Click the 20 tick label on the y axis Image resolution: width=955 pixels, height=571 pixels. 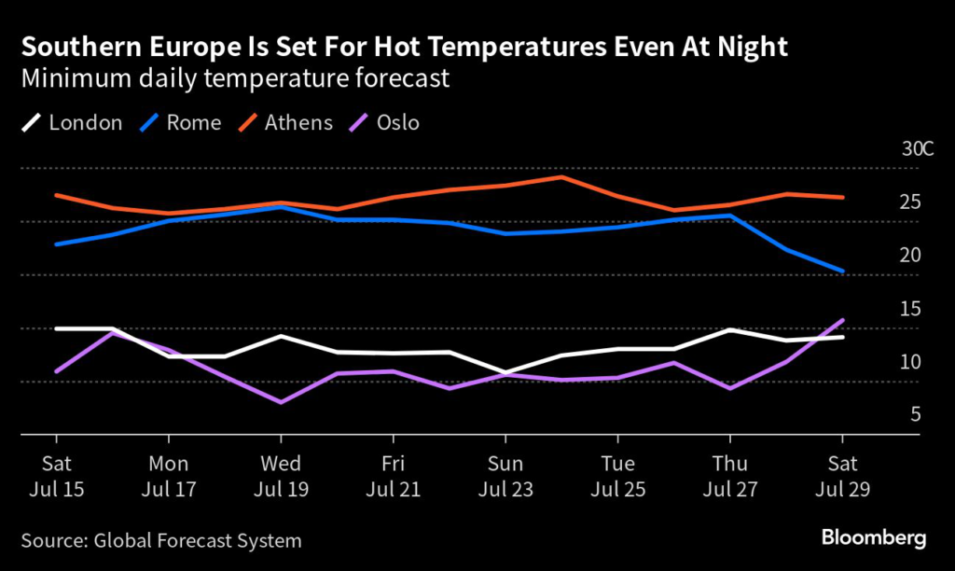coord(910,255)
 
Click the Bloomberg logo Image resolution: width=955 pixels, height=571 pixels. coord(873,537)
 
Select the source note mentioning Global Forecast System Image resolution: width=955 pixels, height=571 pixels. coord(161,539)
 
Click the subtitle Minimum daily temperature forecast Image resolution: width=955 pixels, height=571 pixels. coord(236,78)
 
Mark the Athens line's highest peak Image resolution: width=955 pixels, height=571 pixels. coord(561,176)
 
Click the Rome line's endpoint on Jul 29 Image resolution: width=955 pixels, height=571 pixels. coord(842,272)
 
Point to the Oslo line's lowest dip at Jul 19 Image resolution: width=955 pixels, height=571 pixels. coord(281,402)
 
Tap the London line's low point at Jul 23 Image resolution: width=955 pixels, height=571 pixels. coord(505,372)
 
